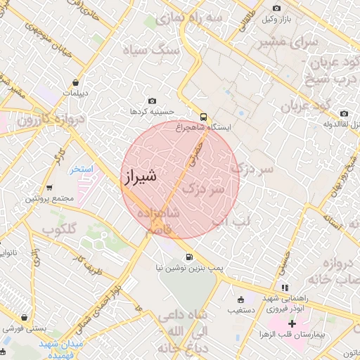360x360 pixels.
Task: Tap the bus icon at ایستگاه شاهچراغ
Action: click(203, 117)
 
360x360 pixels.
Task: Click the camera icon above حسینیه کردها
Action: click(153, 101)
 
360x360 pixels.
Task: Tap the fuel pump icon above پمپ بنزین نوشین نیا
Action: click(188, 258)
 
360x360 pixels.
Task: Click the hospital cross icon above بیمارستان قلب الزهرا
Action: click(292, 323)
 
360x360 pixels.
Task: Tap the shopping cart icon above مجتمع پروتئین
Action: click(49, 188)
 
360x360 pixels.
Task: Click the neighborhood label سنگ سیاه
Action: click(150, 51)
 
